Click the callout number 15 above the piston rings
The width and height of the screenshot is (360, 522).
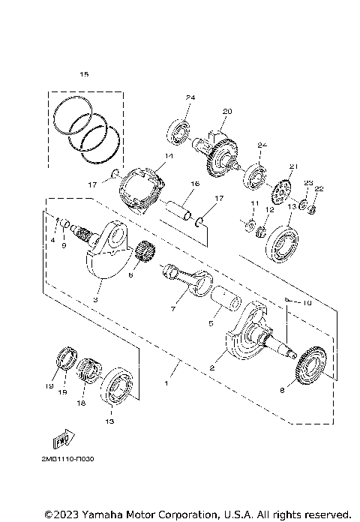(x=84, y=74)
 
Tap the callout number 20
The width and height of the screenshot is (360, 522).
(x=227, y=112)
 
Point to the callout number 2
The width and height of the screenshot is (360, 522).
(x=212, y=367)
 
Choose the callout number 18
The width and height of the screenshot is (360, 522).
(x=81, y=402)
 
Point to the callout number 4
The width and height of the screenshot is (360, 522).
(x=53, y=239)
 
